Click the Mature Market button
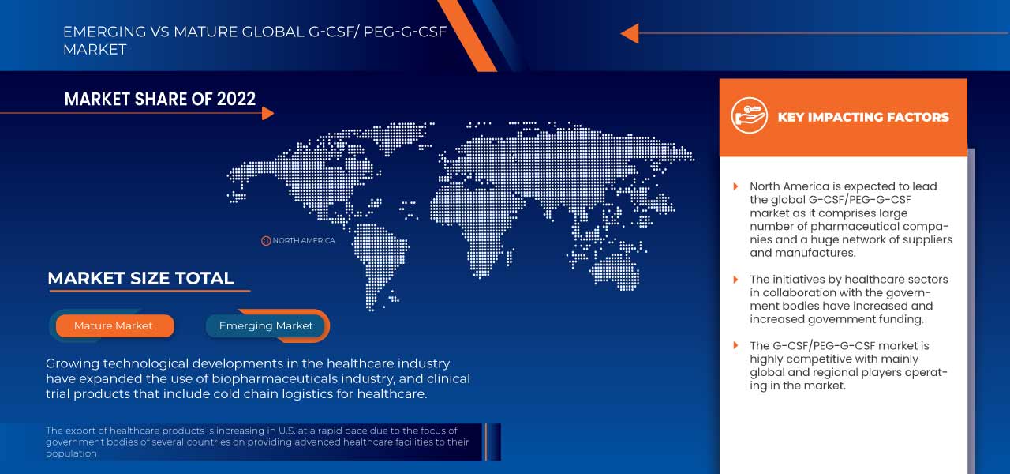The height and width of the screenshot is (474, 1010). [114, 325]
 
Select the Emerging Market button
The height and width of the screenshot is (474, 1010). [266, 325]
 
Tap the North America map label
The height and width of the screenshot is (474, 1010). [303, 240]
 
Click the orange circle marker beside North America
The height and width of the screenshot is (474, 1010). [266, 240]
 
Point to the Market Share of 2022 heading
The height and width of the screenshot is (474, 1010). [160, 99]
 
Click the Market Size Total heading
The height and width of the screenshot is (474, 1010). [140, 278]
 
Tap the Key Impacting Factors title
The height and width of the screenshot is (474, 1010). [863, 117]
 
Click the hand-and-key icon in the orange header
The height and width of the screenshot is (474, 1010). [749, 116]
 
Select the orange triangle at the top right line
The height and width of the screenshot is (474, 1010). [629, 33]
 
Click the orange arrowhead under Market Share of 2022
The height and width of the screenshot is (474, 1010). [267, 113]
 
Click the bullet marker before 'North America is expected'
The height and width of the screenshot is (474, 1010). [735, 187]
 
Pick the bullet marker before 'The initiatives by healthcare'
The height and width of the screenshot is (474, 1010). [735, 280]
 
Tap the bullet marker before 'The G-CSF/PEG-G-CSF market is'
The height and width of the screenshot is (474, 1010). [735, 346]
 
